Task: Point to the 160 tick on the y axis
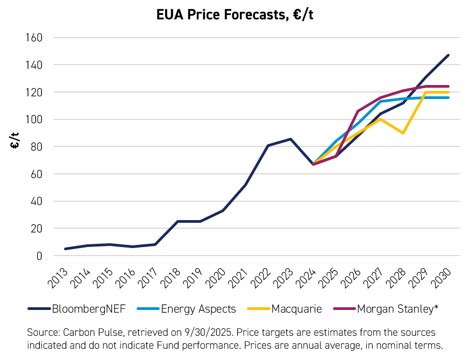pos(34,38)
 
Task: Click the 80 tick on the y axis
pos(37,147)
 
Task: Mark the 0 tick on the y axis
pos(39,256)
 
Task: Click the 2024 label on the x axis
pos(309,277)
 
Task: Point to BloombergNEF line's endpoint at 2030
pos(449,55)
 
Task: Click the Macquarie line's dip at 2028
pos(403,133)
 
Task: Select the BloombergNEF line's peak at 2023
pos(290,139)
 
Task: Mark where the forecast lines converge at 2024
pos(313,164)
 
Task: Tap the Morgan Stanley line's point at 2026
pos(358,111)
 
